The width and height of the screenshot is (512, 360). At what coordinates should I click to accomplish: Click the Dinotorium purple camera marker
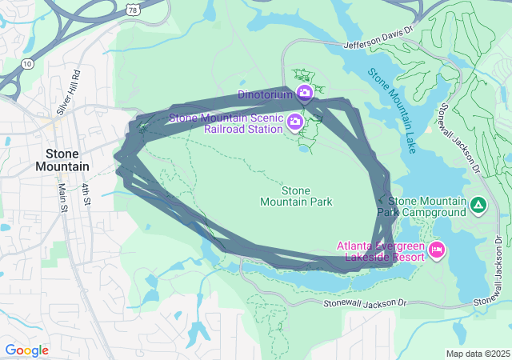(304, 94)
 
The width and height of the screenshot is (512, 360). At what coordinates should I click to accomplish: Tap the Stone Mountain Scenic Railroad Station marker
(294, 122)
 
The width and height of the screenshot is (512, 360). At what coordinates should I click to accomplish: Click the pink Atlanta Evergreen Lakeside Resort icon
(436, 250)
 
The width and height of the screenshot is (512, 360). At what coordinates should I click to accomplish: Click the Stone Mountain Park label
(296, 196)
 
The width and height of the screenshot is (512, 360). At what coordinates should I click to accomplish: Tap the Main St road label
(62, 198)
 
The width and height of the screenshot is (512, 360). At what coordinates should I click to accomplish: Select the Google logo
(26, 350)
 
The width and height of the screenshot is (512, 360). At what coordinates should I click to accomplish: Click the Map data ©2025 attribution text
(477, 354)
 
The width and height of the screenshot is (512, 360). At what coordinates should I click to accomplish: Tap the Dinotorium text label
(266, 94)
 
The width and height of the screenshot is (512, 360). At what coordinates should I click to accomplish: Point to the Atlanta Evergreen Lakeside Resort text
(382, 251)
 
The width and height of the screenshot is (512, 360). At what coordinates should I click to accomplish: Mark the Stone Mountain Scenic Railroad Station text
(226, 123)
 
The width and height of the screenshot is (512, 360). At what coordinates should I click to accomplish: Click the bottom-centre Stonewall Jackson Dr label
(366, 303)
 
